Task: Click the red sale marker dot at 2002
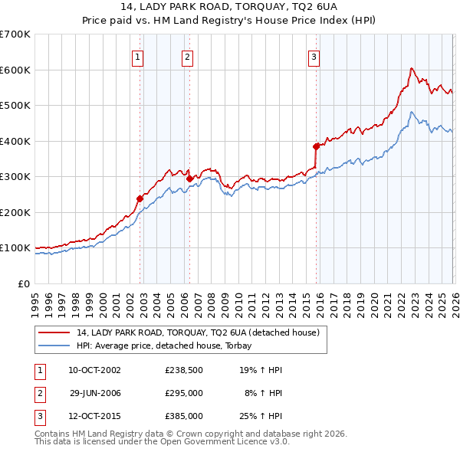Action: [x=140, y=198]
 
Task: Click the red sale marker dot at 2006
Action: [x=190, y=179]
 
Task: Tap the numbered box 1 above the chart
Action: [x=137, y=56]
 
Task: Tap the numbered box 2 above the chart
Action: [x=187, y=56]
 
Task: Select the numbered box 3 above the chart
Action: [x=314, y=56]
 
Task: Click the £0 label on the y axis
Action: [x=25, y=283]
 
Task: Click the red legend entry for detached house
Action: [x=202, y=332]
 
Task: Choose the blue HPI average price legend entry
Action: [x=169, y=346]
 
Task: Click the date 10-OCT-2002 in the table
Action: [x=94, y=370]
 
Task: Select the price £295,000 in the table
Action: [x=184, y=393]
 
